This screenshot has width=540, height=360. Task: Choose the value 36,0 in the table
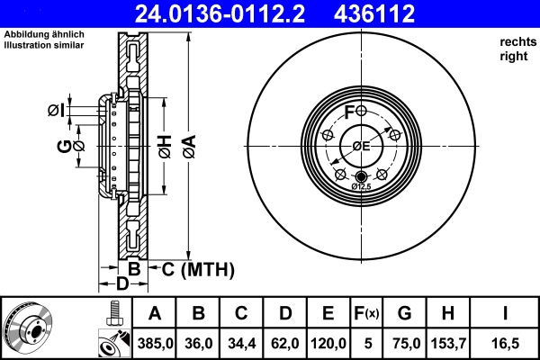(x=199, y=342)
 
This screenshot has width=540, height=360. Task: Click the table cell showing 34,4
(x=242, y=342)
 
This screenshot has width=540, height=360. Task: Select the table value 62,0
(x=285, y=342)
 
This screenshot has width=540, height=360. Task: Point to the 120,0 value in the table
(x=328, y=342)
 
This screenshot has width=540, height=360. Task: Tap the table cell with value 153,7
(x=446, y=342)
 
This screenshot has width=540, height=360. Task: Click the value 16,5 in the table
(x=505, y=342)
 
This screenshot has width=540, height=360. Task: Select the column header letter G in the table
(x=404, y=313)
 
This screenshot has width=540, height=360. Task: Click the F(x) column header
(x=365, y=313)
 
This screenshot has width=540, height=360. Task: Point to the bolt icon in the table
(x=113, y=313)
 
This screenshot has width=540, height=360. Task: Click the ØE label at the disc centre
(x=361, y=146)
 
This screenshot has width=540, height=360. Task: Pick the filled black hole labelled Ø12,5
(x=362, y=175)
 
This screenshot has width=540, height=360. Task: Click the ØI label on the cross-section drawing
(x=56, y=111)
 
